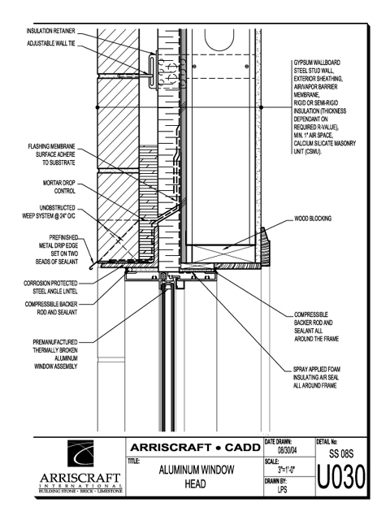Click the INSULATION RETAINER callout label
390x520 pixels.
(50, 31)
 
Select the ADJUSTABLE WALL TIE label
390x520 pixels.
(51, 43)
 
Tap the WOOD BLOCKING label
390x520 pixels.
(313, 219)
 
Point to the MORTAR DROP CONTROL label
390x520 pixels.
(59, 187)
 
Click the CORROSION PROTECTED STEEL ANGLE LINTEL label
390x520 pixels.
(50, 287)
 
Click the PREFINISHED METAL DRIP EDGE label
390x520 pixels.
(57, 249)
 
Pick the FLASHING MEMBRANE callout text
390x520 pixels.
(51, 154)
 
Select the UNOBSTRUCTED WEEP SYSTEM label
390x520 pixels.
(49, 212)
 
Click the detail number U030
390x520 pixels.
(341, 477)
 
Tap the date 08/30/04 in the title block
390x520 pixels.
(287, 450)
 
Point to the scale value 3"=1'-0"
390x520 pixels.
(287, 470)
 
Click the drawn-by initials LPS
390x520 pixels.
(282, 489)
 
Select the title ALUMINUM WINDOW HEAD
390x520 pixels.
(196, 477)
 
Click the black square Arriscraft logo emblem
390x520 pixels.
(80, 453)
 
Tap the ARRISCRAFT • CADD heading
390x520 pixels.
(195, 448)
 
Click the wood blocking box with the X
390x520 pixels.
(220, 253)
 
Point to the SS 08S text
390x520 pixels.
(341, 453)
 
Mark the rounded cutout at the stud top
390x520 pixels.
(219, 39)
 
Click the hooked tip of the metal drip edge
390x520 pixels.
(91, 268)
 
